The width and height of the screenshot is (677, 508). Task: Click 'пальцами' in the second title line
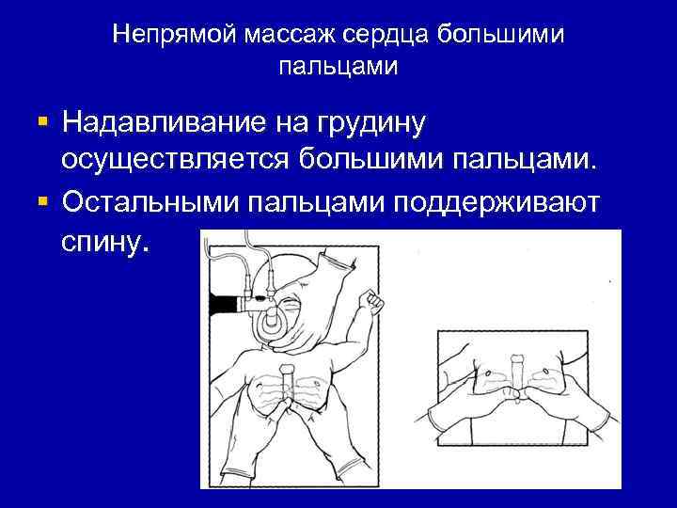[338, 67]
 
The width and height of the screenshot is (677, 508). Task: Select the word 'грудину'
[371, 122]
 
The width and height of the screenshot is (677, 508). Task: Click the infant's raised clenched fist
[376, 303]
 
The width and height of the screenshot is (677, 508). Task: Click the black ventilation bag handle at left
[225, 305]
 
